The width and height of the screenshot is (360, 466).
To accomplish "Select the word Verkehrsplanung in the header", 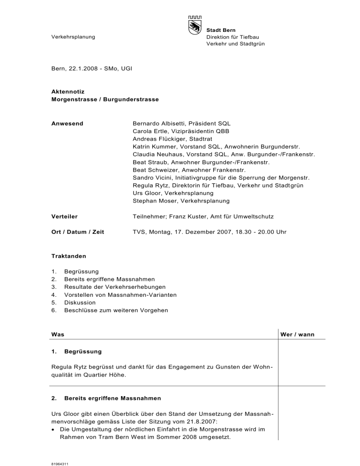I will (73, 37).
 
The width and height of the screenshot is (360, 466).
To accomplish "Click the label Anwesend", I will (67, 124).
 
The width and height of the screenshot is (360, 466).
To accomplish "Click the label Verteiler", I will (64, 217).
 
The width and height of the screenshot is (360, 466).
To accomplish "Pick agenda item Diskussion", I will (80, 302).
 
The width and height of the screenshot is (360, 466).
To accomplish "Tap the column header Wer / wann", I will (296, 334).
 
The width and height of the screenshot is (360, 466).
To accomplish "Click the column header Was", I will (57, 334).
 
